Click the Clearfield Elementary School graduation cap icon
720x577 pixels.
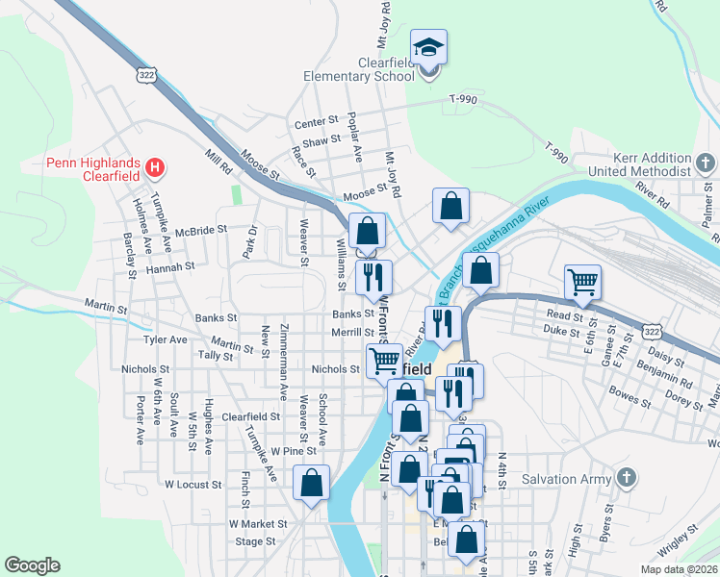click(x=428, y=45)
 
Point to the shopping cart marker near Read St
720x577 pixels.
click(x=582, y=281)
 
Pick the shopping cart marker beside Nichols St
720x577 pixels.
click(x=384, y=361)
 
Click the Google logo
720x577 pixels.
click(x=32, y=565)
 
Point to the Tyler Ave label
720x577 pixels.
click(x=165, y=339)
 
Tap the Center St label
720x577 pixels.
click(x=317, y=122)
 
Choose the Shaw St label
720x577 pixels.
click(x=321, y=139)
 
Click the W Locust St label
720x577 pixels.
click(x=193, y=485)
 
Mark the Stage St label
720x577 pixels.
click(x=255, y=541)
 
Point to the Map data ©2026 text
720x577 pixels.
click(x=680, y=568)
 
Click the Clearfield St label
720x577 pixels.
click(x=250, y=417)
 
